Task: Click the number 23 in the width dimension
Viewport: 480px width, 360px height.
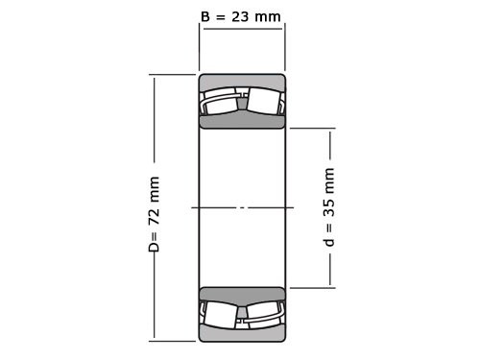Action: click(245, 15)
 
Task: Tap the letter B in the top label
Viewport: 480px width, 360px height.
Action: click(204, 15)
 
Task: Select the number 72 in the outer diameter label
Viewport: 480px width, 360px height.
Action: click(154, 220)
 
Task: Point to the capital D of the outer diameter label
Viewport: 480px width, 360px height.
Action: click(154, 247)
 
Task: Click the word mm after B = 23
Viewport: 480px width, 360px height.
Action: click(273, 15)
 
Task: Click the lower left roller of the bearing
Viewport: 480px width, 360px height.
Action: click(221, 313)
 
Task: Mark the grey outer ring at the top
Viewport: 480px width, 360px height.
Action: click(242, 81)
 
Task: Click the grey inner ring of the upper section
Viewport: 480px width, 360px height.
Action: click(242, 120)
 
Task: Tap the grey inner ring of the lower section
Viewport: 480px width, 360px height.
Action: click(242, 295)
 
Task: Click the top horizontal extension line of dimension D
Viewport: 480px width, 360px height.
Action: click(173, 75)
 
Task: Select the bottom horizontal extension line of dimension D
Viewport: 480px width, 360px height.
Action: click(173, 340)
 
